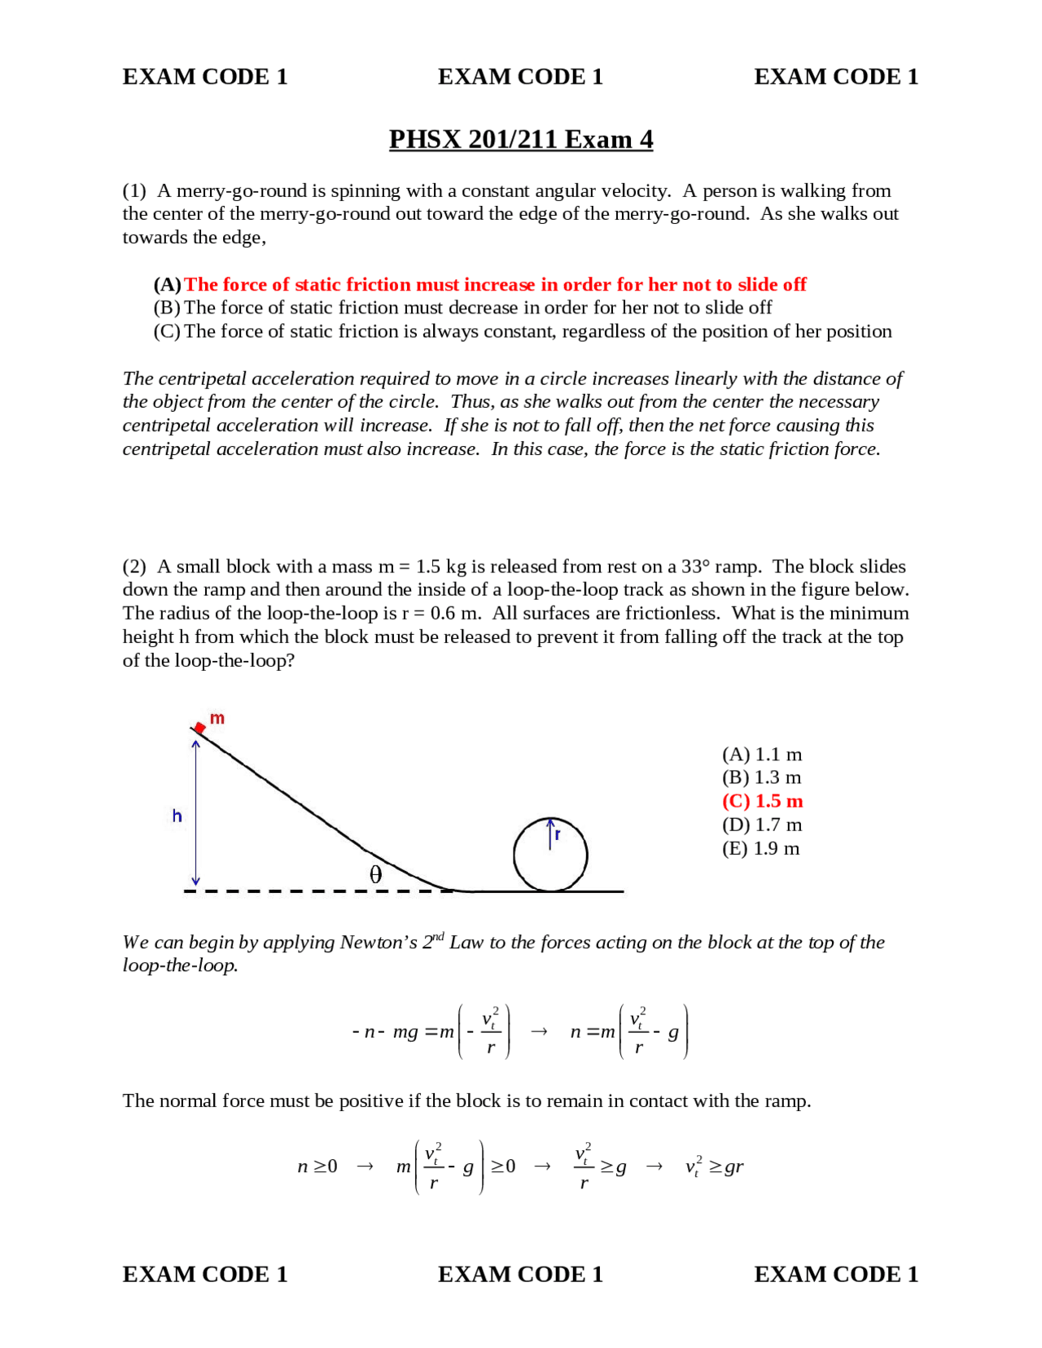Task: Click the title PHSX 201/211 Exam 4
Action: pyautogui.click(x=520, y=139)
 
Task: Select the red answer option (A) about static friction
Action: pyautogui.click(x=480, y=284)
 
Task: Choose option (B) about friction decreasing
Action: pyautogui.click(x=462, y=308)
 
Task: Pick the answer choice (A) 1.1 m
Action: pyautogui.click(x=761, y=755)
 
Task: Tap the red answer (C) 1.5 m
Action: pyautogui.click(x=762, y=801)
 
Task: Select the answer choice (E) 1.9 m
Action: pyautogui.click(x=760, y=848)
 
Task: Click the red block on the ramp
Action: pyautogui.click(x=199, y=727)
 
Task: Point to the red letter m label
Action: pyautogui.click(x=217, y=718)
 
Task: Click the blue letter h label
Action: pyautogui.click(x=177, y=816)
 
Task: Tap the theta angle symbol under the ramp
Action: pyautogui.click(x=375, y=874)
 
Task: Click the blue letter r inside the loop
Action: pyautogui.click(x=558, y=834)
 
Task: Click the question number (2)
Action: pyautogui.click(x=134, y=567)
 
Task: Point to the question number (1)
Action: pyautogui.click(x=134, y=190)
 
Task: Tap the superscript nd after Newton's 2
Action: pyautogui.click(x=438, y=936)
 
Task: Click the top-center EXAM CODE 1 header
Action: pyautogui.click(x=520, y=77)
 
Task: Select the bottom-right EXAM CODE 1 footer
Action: pyautogui.click(x=836, y=1274)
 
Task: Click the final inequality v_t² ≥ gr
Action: pyautogui.click(x=714, y=1166)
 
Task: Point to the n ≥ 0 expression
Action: pyautogui.click(x=317, y=1166)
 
